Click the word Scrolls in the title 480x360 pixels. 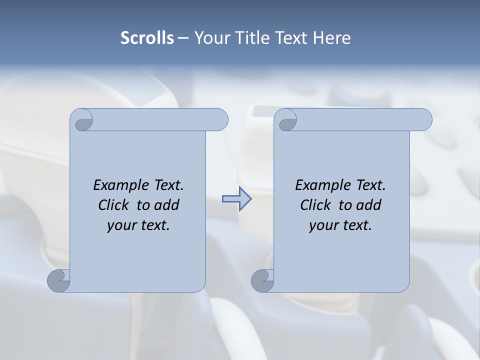coord(147,38)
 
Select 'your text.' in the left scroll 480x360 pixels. coord(138,225)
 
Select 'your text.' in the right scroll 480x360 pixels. coord(340,225)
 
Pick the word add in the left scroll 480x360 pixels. coord(167,205)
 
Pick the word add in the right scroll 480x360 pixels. coord(369,205)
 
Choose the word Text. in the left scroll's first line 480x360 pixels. coord(168,185)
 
